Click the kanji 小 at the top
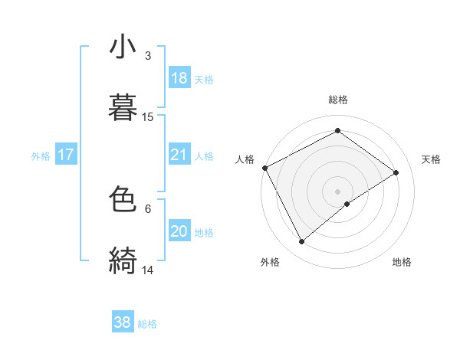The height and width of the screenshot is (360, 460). (x=123, y=47)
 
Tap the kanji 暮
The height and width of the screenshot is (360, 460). (x=123, y=106)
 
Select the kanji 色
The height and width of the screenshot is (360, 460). (x=123, y=200)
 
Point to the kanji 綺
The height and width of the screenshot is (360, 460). (x=123, y=260)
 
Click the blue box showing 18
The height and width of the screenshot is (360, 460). (x=179, y=78)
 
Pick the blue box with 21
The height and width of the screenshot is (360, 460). (x=179, y=155)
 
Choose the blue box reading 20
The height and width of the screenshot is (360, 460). (x=179, y=231)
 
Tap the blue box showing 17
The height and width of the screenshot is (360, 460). (x=66, y=155)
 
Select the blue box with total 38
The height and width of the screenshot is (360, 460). (x=123, y=323)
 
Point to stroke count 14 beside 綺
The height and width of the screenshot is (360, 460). (x=148, y=270)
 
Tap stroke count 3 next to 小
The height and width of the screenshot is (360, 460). (x=147, y=56)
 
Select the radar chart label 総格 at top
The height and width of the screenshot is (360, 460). (x=337, y=100)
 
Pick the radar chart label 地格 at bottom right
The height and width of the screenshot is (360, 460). (x=401, y=263)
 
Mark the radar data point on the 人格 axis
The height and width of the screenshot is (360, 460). (x=264, y=168)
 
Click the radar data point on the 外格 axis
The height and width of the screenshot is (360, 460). (x=301, y=242)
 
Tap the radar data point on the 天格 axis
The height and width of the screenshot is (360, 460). (x=396, y=172)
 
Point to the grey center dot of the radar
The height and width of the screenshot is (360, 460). (x=337, y=191)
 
